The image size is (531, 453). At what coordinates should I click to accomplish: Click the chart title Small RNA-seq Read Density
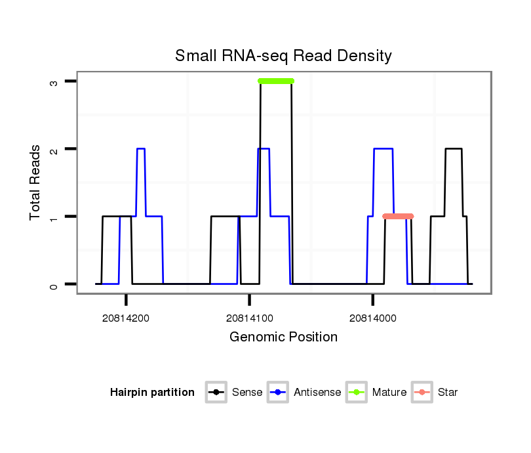click(283, 56)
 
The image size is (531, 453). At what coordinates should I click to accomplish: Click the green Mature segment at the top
click(276, 81)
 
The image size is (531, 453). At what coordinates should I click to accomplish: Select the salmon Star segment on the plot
click(398, 216)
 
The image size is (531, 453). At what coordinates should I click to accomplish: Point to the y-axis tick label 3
click(54, 81)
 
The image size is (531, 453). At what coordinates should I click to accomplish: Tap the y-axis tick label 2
click(54, 149)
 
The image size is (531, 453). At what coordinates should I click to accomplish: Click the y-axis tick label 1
click(54, 217)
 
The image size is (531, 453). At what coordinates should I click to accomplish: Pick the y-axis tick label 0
click(54, 284)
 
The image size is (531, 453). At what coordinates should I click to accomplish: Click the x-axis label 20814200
click(126, 318)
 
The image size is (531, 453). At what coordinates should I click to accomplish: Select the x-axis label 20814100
click(250, 318)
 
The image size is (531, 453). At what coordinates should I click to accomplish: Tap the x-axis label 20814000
click(373, 318)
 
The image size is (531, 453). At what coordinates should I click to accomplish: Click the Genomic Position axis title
click(283, 337)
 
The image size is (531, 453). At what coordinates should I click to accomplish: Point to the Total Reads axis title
click(36, 183)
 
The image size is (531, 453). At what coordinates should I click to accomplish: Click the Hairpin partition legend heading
click(152, 393)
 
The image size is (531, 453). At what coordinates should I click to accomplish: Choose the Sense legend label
click(247, 393)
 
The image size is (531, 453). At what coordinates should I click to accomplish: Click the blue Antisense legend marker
click(279, 393)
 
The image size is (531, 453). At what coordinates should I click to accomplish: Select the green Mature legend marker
click(357, 393)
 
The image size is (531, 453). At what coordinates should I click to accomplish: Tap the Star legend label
click(448, 393)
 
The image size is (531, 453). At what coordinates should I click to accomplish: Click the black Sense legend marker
click(216, 393)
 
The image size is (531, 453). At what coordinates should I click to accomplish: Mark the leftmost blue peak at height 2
click(140, 149)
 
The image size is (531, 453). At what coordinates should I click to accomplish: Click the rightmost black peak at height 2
click(454, 149)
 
